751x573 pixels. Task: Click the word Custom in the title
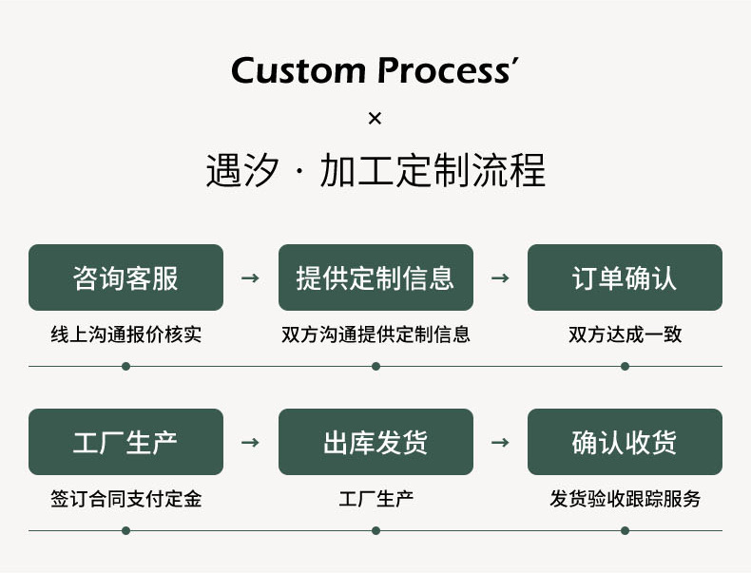click(298, 71)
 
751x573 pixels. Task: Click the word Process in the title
click(444, 71)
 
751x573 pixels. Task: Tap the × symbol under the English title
click(375, 118)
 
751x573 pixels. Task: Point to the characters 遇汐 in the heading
click(242, 170)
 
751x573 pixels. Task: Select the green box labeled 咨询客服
click(126, 277)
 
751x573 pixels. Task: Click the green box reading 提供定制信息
click(375, 277)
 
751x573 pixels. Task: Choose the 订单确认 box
click(625, 277)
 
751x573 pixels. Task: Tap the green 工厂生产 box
click(126, 442)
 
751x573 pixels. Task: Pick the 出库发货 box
click(375, 442)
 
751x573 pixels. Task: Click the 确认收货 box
click(625, 442)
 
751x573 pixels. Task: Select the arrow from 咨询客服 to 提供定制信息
click(251, 277)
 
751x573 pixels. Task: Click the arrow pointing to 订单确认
click(500, 277)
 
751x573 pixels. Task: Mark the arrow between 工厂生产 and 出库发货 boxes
click(251, 442)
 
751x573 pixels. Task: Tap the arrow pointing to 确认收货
click(500, 442)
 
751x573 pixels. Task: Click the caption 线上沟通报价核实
click(126, 334)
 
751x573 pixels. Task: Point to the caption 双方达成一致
click(625, 334)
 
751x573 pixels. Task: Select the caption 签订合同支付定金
click(126, 499)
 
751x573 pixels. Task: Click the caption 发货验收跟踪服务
click(625, 499)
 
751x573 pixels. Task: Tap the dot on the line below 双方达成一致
click(625, 366)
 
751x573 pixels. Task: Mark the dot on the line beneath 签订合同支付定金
click(126, 530)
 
